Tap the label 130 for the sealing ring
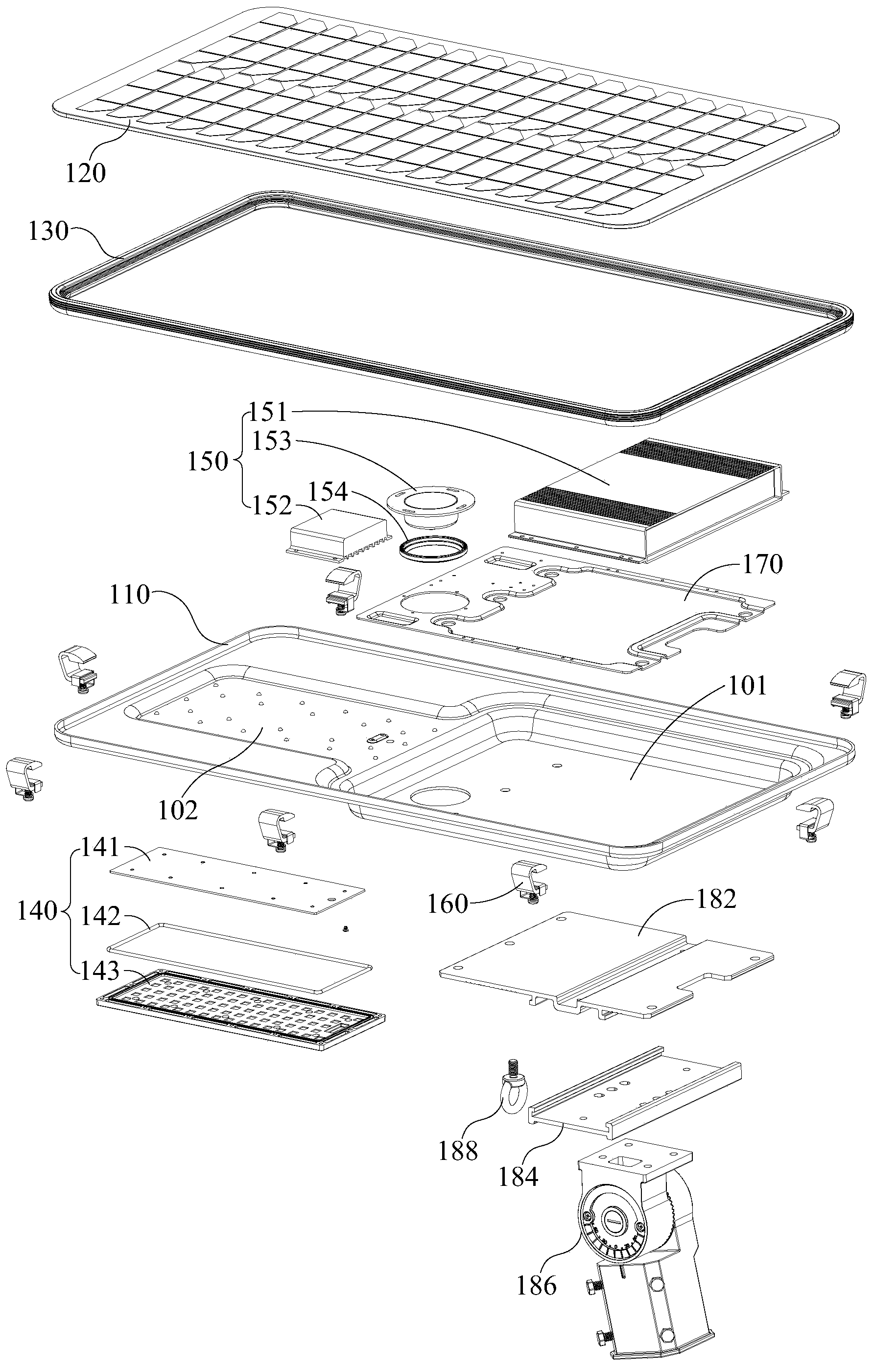tap(48, 232)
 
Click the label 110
tap(130, 595)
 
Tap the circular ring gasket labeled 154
tap(434, 549)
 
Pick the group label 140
tap(38, 912)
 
